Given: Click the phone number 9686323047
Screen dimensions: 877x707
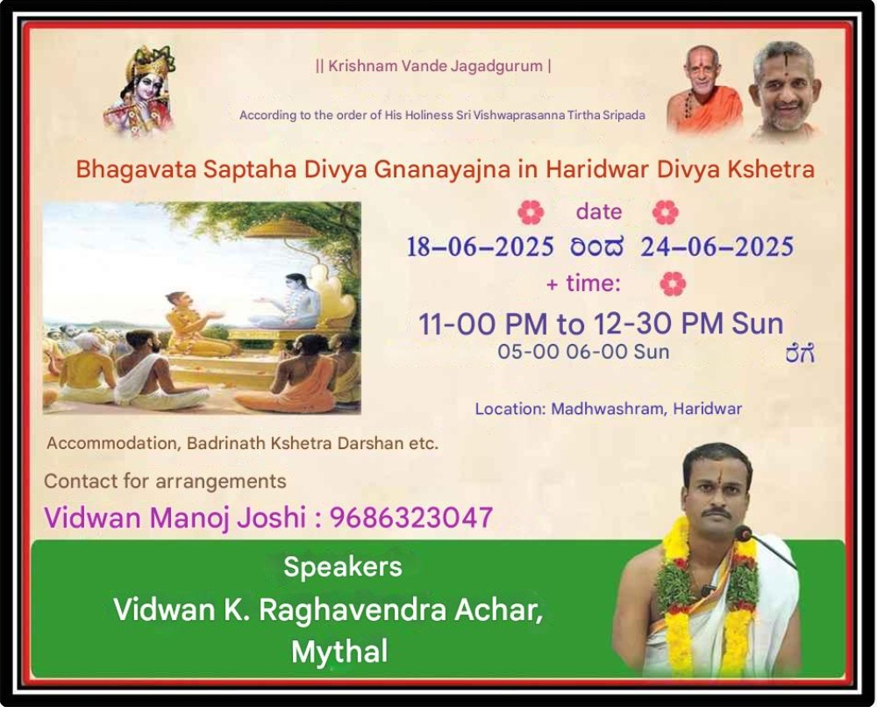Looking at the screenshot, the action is (411, 517).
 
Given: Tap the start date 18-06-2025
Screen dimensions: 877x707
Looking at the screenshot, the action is (480, 246).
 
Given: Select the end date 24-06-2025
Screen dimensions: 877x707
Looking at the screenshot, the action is (717, 246).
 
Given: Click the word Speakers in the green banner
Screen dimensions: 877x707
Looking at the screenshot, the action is (343, 567).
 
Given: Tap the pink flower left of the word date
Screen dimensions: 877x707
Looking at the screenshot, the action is (531, 212).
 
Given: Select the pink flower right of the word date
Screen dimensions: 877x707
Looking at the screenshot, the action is (666, 212).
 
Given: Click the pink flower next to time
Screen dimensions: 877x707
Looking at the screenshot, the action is (673, 284).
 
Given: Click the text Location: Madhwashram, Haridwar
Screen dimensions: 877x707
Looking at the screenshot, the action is (609, 409).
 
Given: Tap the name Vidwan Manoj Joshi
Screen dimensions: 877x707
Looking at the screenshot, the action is (175, 517).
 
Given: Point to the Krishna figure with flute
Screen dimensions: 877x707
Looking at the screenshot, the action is (140, 90).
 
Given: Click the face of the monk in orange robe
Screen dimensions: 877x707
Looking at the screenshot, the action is (702, 70).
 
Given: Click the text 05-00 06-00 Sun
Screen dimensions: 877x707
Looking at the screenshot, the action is (583, 352).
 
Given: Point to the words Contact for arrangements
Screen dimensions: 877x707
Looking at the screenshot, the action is (165, 481).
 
